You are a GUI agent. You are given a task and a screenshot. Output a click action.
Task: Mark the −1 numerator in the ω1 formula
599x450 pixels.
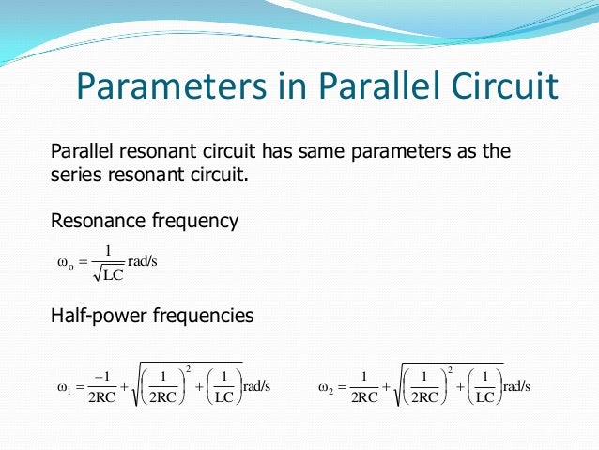[x=103, y=377]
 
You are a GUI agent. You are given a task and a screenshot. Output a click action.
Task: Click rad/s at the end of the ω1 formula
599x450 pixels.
[x=256, y=386]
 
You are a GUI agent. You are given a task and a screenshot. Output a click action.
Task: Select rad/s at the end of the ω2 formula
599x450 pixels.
[x=517, y=386]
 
